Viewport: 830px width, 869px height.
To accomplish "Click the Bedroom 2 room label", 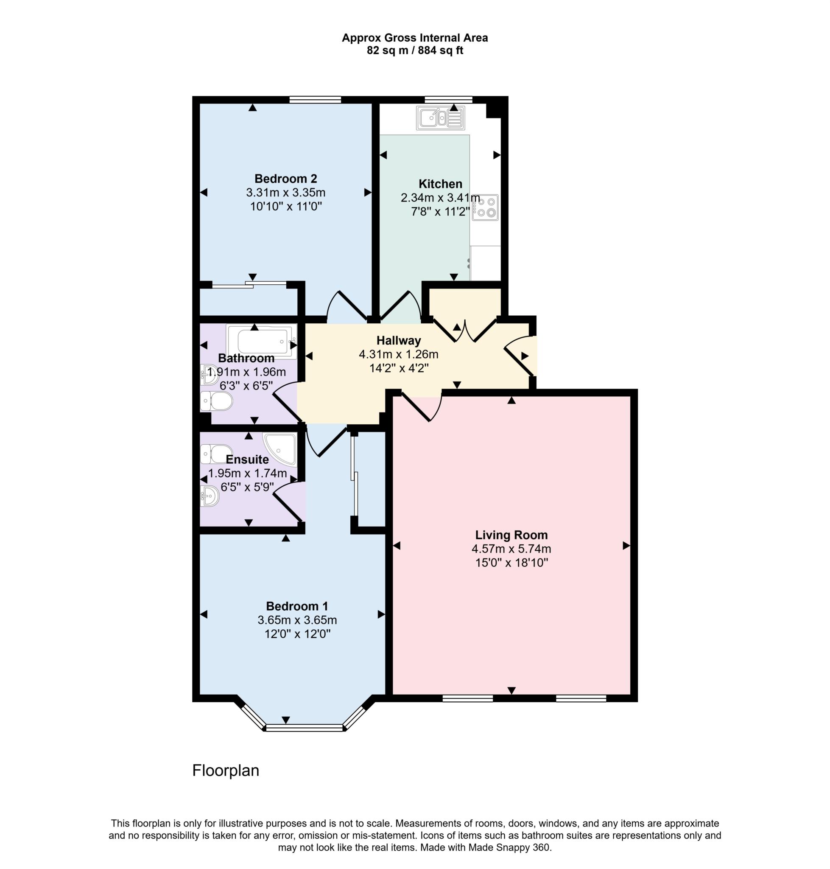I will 285,179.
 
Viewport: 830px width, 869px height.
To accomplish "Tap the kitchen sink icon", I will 441,118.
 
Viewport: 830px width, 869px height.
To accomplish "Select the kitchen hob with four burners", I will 485,207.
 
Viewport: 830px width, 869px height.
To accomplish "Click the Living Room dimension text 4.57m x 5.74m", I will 511,549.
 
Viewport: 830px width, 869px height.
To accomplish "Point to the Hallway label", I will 398,340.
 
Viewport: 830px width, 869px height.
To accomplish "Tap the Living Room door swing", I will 420,407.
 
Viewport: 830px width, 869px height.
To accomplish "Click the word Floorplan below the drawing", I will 225,771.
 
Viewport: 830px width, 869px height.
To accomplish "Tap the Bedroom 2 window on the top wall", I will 315,99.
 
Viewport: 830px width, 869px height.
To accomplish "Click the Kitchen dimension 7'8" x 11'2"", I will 440,212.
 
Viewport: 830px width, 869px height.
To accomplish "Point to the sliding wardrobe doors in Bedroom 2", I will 249,285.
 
